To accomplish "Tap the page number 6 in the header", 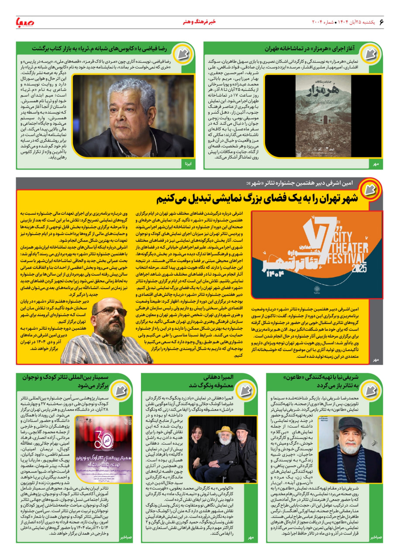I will click(x=381, y=21).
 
